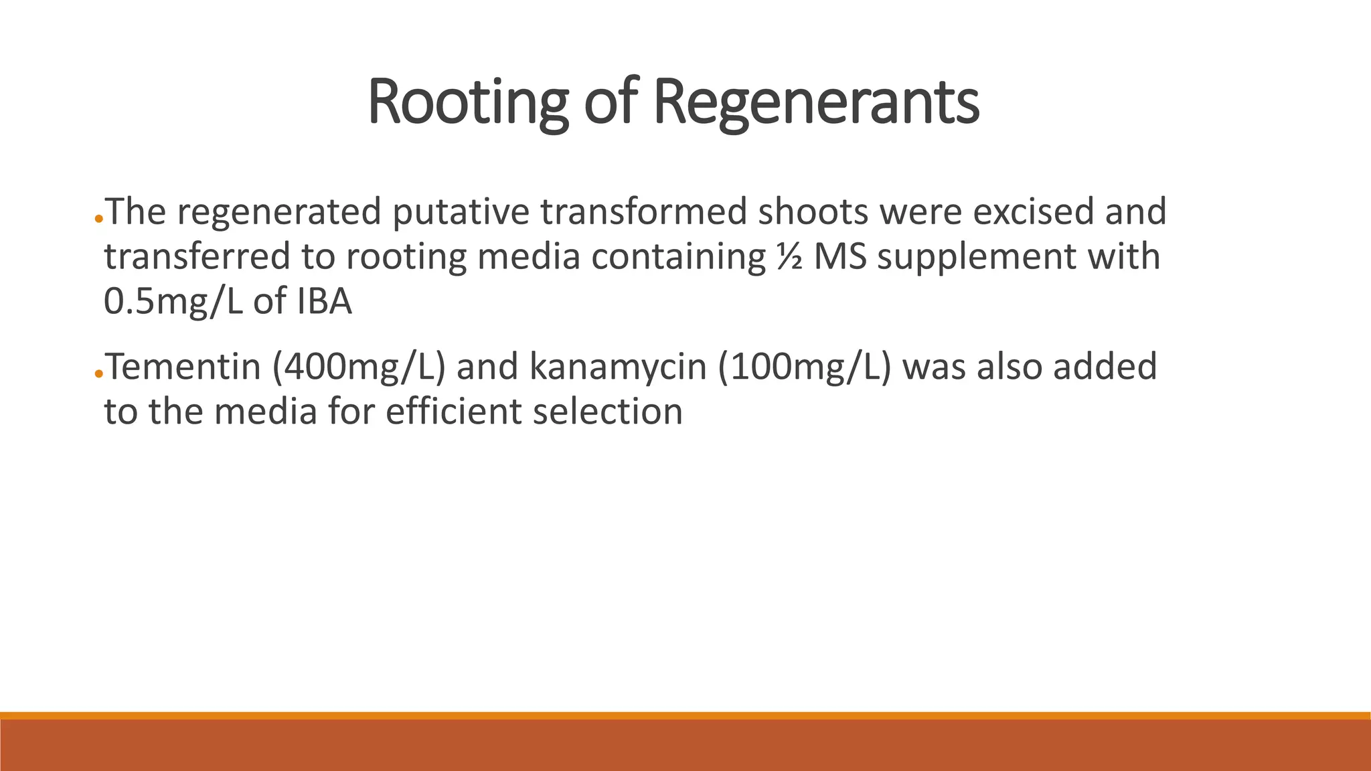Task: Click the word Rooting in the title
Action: [x=468, y=102]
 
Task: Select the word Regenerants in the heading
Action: [x=815, y=102]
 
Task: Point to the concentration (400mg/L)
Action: [x=359, y=367]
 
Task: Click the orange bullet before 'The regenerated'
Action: [x=98, y=220]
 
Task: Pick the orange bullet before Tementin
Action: [x=98, y=374]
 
